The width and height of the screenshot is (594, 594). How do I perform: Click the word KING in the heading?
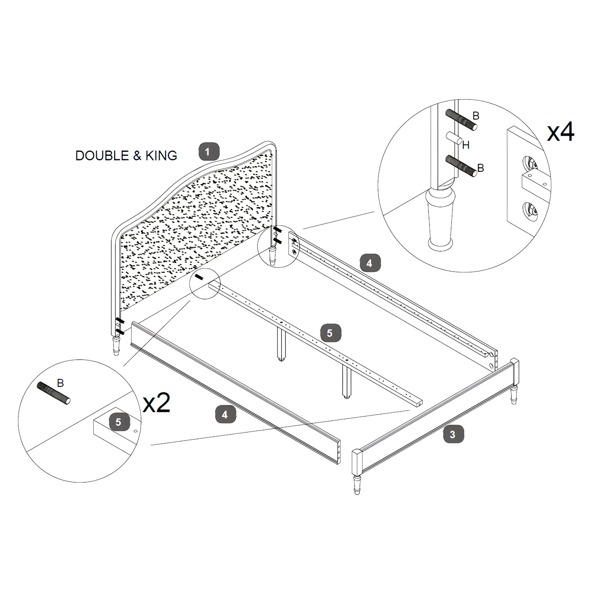(161, 156)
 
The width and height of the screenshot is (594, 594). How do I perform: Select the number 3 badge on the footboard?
(453, 435)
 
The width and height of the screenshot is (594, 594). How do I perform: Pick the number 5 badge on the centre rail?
(331, 333)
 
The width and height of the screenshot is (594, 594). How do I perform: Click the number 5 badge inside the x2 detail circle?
(119, 422)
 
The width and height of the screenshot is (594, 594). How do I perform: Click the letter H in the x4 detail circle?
(466, 145)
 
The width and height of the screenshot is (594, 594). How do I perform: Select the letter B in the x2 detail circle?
(61, 383)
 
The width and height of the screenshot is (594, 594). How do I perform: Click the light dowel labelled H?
(454, 138)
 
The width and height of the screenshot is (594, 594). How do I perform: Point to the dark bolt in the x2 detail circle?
(54, 394)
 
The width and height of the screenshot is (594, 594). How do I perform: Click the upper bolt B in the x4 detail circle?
(461, 120)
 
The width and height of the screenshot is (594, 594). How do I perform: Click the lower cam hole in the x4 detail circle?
(531, 211)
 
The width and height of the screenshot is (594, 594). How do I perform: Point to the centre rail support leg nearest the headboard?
(281, 343)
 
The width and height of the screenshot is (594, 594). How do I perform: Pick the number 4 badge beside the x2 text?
(226, 414)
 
